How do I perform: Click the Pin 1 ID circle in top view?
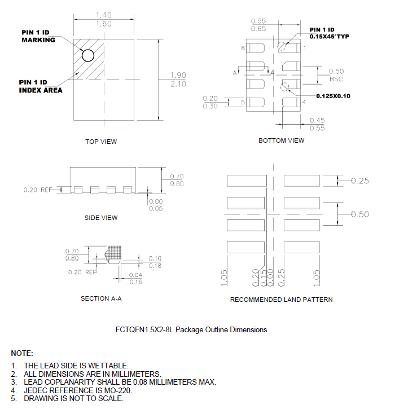pyautogui.click(x=87, y=55)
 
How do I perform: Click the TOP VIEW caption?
pyautogui.click(x=101, y=142)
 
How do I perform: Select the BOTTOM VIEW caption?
pyautogui.click(x=281, y=140)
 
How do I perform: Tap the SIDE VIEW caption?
pyautogui.click(x=101, y=218)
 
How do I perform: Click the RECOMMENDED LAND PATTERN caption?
pyautogui.click(x=281, y=300)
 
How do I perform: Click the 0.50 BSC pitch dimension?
pyautogui.click(x=336, y=74)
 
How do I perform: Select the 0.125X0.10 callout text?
pyautogui.click(x=333, y=96)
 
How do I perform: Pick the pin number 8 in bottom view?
pyautogui.click(x=243, y=49)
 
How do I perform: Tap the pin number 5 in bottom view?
pyautogui.click(x=243, y=102)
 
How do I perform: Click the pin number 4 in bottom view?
pyautogui.click(x=304, y=102)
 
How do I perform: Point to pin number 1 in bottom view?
pyautogui.click(x=305, y=49)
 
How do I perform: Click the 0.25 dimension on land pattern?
pyautogui.click(x=360, y=181)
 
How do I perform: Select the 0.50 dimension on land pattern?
pyautogui.click(x=360, y=214)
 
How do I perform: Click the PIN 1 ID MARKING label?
pyautogui.click(x=38, y=36)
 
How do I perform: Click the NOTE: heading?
pyautogui.click(x=22, y=353)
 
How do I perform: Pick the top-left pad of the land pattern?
pyautogui.click(x=245, y=181)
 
